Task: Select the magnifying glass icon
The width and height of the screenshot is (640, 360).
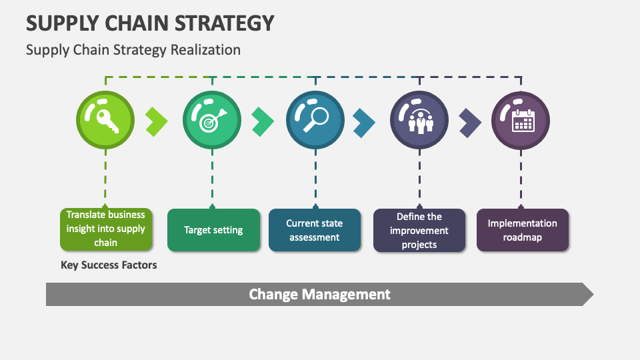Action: tap(316, 119)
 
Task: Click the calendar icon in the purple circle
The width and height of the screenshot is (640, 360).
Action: tap(523, 121)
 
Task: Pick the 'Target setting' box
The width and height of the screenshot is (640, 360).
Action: tap(213, 230)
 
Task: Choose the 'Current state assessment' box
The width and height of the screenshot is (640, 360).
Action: tap(314, 230)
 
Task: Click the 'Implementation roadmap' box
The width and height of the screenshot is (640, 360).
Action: tap(523, 230)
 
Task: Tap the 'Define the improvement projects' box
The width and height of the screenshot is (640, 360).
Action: tap(419, 230)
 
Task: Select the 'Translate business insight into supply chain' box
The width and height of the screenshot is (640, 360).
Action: tap(106, 229)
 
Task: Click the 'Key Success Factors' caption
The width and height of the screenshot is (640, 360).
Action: tap(109, 265)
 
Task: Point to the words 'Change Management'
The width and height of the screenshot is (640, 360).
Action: tap(319, 294)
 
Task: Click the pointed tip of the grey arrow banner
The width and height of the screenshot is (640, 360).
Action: tap(593, 294)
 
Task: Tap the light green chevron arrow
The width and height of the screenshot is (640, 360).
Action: tap(157, 121)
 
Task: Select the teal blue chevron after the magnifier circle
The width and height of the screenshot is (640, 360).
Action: tap(364, 123)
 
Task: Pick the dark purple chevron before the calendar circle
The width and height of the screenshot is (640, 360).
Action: tap(470, 123)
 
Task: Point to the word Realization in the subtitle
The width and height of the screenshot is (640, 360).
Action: tap(205, 50)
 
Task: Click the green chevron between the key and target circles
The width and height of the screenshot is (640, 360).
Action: tap(157, 121)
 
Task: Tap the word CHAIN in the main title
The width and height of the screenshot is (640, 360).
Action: tap(137, 23)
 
